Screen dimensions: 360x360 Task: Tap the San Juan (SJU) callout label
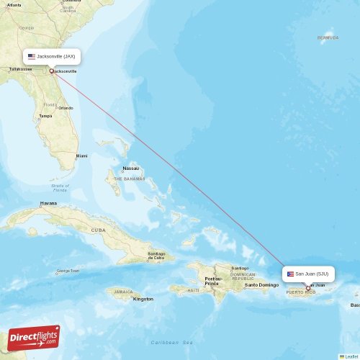coord(307,274)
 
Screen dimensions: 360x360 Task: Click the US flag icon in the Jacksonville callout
coord(32,56)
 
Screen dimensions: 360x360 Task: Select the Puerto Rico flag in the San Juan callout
coord(291,274)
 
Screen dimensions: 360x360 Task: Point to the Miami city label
coord(81,156)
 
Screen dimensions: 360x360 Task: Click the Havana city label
coord(48,203)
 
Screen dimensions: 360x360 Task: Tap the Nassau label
coord(130,168)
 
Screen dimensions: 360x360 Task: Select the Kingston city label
coord(143,298)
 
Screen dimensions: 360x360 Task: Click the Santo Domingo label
coord(261,284)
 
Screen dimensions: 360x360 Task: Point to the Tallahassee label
coord(19,70)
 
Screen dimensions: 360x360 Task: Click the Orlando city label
coord(66,108)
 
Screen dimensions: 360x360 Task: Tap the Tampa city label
coord(45,116)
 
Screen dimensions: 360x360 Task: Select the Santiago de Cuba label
coord(156,255)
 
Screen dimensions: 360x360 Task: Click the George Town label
coord(68,271)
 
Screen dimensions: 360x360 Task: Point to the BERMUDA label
coord(328,37)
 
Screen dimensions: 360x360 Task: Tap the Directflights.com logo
coord(33,337)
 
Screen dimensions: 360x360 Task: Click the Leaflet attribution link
coord(351,356)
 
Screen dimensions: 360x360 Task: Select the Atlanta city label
coord(14,4)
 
